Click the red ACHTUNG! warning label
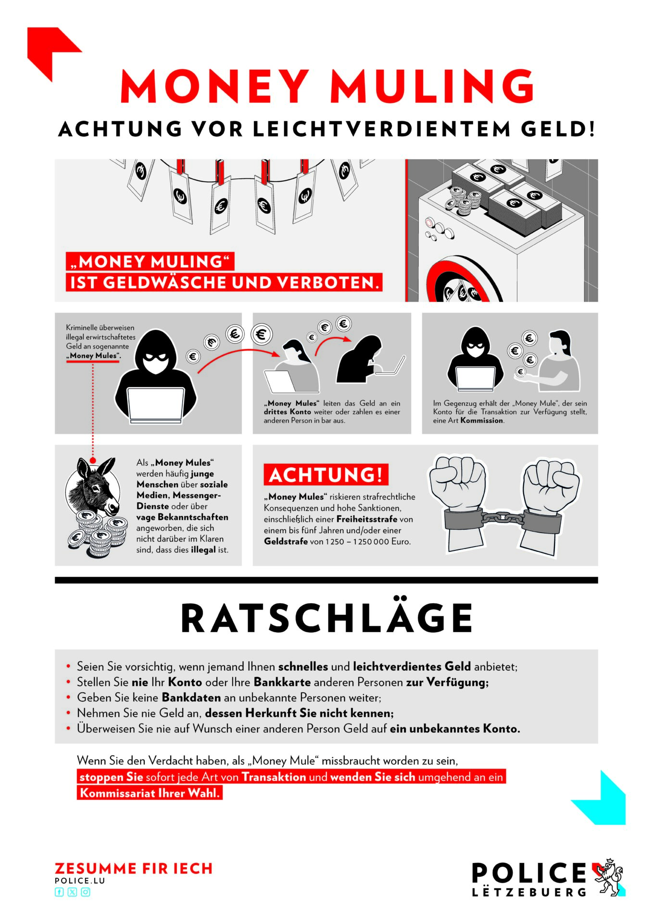pos(326,474)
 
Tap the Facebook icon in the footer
pos(59,892)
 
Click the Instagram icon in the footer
pos(86,892)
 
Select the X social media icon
pos(72,892)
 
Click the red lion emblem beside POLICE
pos(609,877)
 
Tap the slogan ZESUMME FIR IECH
pos(134,869)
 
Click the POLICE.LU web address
pos(80,881)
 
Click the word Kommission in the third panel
pos(482,420)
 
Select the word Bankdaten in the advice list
pos(191,698)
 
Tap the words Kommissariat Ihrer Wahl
pos(150,793)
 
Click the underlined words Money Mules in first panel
pos(93,356)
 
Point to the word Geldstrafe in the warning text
pos(286,541)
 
